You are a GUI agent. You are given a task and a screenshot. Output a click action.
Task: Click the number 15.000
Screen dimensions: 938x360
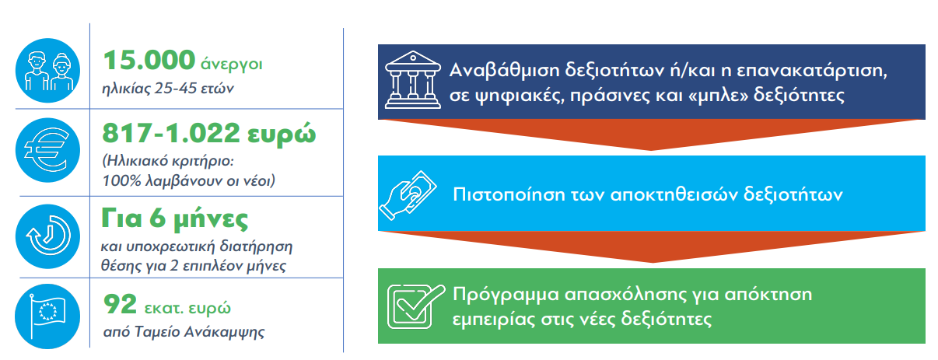coord(149,61)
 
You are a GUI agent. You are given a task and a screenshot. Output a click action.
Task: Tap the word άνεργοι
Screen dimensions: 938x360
coord(232,65)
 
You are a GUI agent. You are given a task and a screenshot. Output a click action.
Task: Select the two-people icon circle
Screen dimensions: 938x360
coord(47,70)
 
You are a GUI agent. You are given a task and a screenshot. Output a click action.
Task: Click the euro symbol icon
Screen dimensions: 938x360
coord(47,150)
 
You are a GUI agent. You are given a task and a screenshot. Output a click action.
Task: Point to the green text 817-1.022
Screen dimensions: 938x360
coord(171,134)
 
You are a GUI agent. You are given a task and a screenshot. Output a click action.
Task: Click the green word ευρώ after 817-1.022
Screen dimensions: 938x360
coord(282,135)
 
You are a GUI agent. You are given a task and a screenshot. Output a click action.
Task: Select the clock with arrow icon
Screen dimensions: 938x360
coord(47,236)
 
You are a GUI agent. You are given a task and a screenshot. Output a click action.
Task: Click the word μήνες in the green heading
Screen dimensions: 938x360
coord(211,220)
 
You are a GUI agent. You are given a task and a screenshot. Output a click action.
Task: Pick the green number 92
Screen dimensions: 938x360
coord(121,304)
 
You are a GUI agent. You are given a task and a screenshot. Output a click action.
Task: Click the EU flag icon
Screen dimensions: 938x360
coord(47,316)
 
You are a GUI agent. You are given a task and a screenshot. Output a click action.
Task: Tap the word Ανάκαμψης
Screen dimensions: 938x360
coord(225,333)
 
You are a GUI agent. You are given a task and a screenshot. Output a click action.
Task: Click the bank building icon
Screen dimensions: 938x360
coord(413,80)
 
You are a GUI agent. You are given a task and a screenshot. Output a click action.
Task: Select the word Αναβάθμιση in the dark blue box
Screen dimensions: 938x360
coord(504,70)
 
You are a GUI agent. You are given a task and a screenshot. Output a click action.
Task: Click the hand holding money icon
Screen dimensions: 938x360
coord(408,195)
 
